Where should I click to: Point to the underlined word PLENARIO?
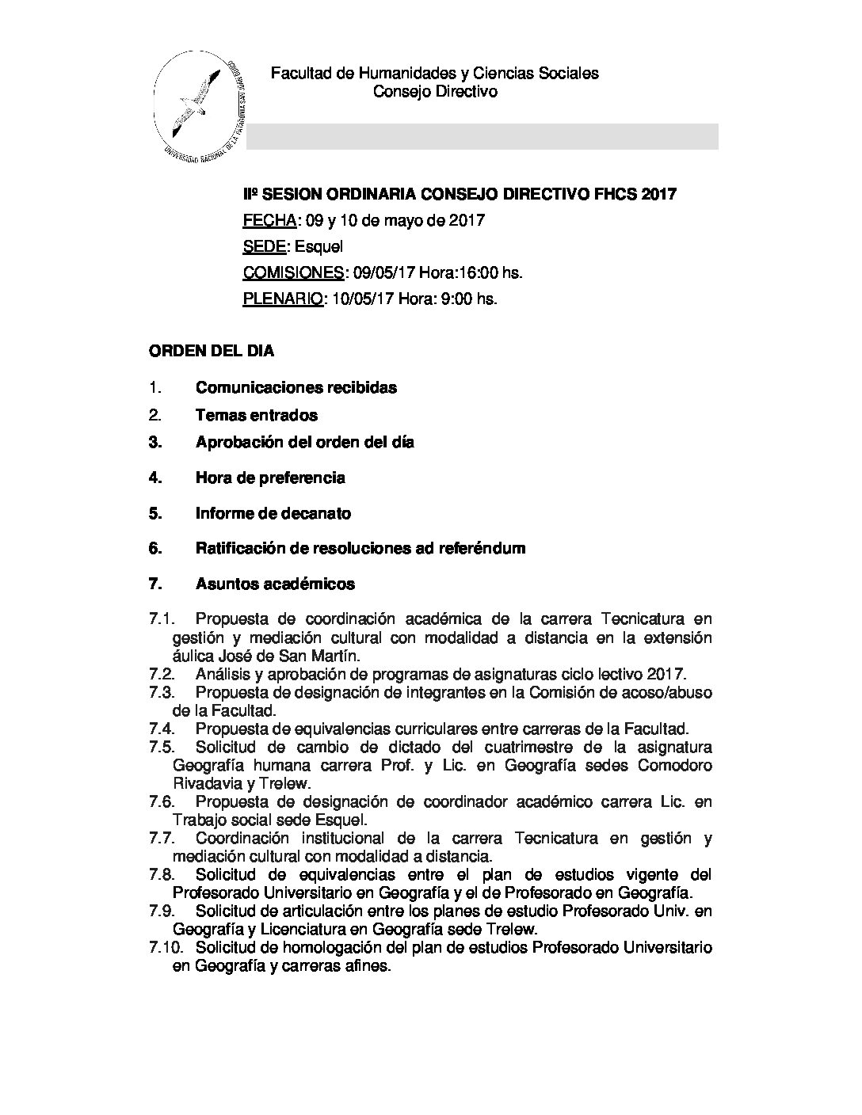pos(283,299)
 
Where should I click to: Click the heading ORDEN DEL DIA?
pos(212,351)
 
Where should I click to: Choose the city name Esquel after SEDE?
pos(317,246)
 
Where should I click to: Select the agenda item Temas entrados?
pos(257,415)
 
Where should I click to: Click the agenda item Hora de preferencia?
pos(270,478)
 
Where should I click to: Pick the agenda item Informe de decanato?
pos(273,513)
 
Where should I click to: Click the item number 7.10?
pos(164,947)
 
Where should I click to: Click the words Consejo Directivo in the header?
pos(435,92)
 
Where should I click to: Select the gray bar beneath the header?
pos(482,136)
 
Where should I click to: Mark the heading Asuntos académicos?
pos(275,584)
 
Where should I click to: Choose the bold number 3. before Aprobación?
pos(155,442)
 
